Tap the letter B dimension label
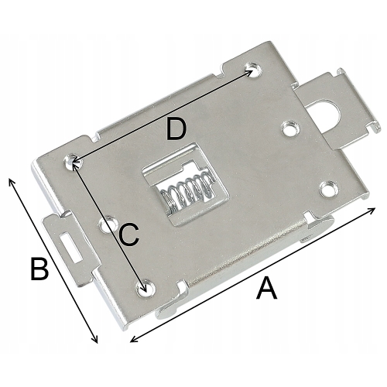pos(39,269)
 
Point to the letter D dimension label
pos(176,130)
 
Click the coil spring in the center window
pos(186,193)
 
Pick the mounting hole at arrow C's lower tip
pos(142,289)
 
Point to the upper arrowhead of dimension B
pos(11,180)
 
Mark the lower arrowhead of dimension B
pos(97,341)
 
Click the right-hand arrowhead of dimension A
pos(374,209)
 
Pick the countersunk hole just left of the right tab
pos(289,125)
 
